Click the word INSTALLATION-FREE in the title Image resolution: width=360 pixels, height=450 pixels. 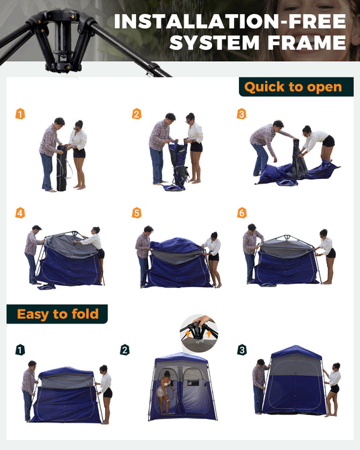point(230,22)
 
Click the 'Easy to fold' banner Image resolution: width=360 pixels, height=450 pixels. point(58,314)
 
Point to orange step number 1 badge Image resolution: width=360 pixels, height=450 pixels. point(20,114)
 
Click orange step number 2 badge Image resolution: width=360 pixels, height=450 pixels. point(137,114)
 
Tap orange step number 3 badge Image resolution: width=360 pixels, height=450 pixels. point(242,114)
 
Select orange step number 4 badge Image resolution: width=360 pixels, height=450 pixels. point(20,213)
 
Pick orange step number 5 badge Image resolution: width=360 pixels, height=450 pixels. point(137,213)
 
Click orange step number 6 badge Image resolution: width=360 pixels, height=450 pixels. point(242,213)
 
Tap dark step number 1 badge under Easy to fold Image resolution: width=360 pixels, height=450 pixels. point(20,350)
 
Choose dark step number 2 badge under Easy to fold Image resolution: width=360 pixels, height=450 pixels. point(124,350)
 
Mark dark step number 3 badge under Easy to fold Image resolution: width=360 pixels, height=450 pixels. point(242,350)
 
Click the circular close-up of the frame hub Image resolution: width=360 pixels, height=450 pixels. point(199,332)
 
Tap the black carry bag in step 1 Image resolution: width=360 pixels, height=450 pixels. point(63,168)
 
